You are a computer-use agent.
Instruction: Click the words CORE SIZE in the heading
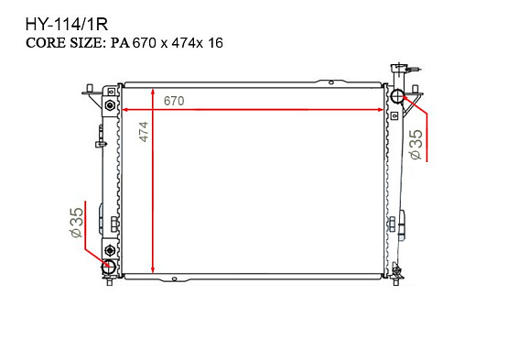[68, 42]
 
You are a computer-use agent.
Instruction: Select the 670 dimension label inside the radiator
[174, 100]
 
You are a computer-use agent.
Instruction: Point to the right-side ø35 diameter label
[416, 145]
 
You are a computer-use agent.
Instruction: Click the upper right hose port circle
[398, 97]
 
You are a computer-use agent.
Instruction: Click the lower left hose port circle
[109, 267]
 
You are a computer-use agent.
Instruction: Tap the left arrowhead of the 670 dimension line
[126, 109]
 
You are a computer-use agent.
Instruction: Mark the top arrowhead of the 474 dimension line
[152, 93]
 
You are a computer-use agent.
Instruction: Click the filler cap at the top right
[399, 70]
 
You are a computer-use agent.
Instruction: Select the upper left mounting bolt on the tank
[110, 106]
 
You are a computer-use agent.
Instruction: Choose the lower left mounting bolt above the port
[110, 251]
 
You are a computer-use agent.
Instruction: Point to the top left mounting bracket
[92, 93]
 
